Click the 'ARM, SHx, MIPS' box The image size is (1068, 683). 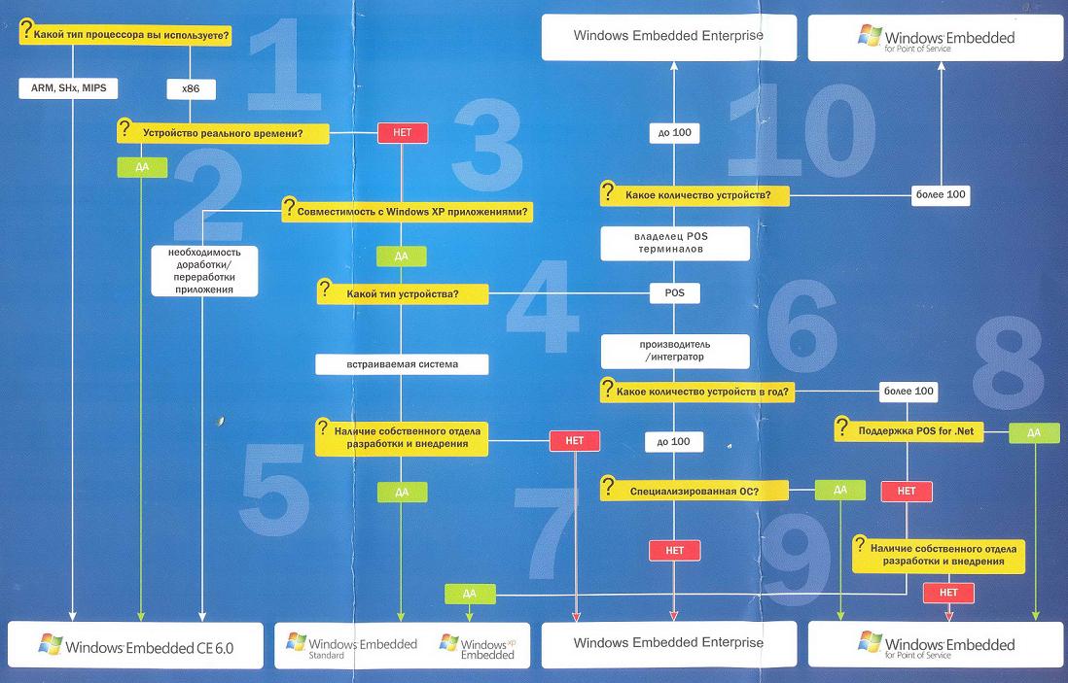click(x=68, y=88)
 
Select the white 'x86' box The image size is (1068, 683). click(x=191, y=88)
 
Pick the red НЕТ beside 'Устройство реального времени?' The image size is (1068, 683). click(x=402, y=132)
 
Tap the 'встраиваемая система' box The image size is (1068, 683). click(x=401, y=364)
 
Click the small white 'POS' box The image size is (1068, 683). click(x=674, y=292)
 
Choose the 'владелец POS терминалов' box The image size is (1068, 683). click(x=674, y=242)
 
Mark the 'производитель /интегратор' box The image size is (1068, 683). click(x=674, y=350)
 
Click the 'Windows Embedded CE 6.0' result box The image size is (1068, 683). click(x=135, y=645)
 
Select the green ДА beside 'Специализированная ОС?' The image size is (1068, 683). click(x=839, y=491)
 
